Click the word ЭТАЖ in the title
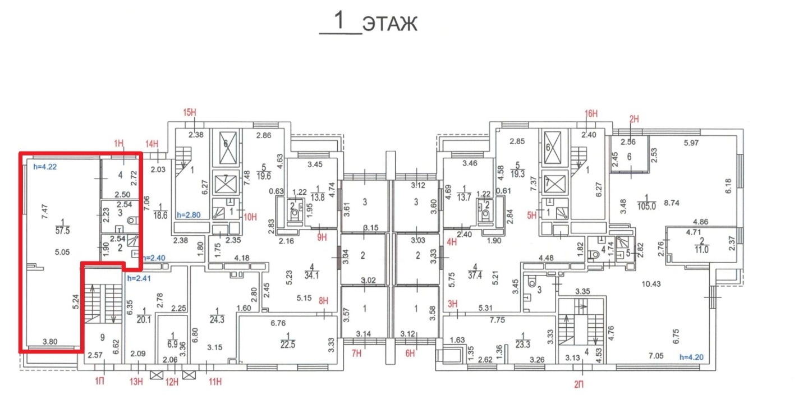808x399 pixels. [x=389, y=24]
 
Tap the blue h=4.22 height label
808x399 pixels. [x=45, y=166]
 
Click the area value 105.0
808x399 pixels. [x=650, y=206]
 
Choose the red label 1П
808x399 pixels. [x=99, y=382]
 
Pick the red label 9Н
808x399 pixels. [x=322, y=237]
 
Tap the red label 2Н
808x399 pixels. [x=635, y=118]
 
